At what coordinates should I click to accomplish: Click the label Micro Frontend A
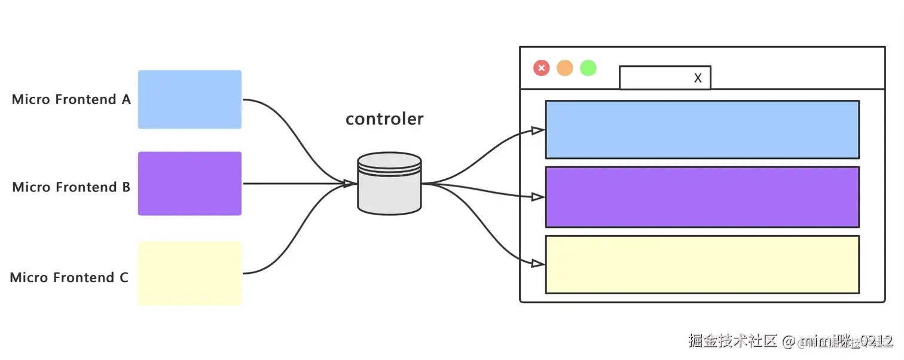pos(71,99)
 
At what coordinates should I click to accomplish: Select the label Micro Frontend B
pos(71,187)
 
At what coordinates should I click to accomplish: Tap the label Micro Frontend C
pos(69,277)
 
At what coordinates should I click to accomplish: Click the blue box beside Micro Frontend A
pos(190,99)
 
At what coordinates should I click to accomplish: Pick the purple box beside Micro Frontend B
pos(190,184)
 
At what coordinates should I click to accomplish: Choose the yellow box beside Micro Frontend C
pos(190,273)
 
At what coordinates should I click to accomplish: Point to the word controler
pos(384,119)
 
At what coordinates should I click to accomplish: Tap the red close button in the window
pos(541,68)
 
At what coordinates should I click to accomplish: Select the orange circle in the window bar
pos(564,68)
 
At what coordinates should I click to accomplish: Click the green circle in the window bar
pos(588,68)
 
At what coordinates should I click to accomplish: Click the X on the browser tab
pos(698,78)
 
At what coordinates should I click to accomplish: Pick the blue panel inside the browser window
pos(702,129)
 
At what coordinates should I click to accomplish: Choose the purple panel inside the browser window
pos(702,197)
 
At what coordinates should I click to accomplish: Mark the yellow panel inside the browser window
pos(702,264)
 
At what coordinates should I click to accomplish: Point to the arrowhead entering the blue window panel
pos(537,130)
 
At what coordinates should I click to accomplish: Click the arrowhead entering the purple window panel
pos(537,197)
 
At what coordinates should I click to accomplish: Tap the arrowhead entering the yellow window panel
pos(537,263)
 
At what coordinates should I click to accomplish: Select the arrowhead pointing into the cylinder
pos(349,184)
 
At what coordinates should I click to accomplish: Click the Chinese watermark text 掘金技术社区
pos(732,341)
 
